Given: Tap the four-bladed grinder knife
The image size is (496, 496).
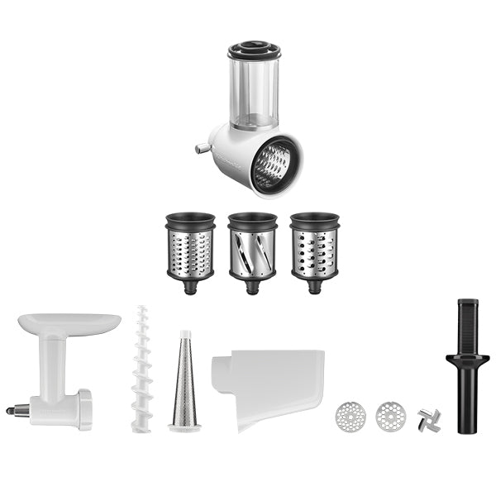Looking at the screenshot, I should point(429,419).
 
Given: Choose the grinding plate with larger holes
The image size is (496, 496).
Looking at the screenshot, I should point(390,416).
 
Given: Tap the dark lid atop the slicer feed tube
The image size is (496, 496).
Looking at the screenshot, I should point(254,50).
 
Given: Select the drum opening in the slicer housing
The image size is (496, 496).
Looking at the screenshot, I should point(275,165).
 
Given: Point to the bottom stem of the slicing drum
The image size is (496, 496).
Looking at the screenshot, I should point(252,288).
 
